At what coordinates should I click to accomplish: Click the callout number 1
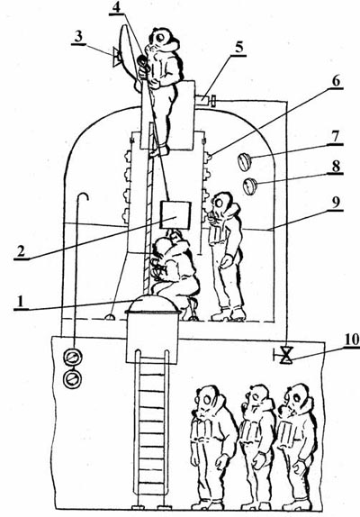point(21,302)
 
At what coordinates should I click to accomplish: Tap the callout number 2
point(21,251)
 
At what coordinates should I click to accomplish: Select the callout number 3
point(78,37)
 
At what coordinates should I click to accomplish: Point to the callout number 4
point(116,8)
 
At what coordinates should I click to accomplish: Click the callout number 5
point(239,48)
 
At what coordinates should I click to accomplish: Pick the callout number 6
point(336,81)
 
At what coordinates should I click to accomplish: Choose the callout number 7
point(336,136)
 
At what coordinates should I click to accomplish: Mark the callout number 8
point(336,166)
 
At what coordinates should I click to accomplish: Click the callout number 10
point(352,340)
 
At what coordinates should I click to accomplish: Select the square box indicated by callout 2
point(175,215)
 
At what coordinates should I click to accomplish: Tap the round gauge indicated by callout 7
point(245,162)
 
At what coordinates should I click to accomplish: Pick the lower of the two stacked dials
point(71,378)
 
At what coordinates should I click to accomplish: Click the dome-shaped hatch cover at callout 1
point(153,304)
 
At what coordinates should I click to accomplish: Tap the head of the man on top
point(164,40)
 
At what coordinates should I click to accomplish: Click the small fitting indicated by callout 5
point(205,99)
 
